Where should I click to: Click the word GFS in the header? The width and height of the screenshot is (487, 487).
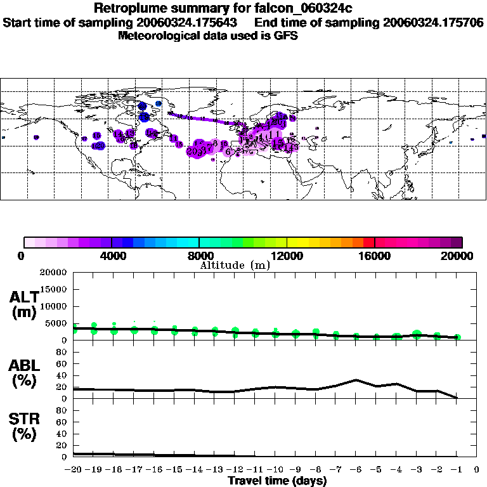coord(286,36)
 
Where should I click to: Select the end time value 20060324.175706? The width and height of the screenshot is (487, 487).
coord(433,22)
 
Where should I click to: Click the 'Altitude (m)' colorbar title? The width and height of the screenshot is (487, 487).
coord(235,265)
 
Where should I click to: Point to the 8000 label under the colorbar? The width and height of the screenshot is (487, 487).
coord(199,256)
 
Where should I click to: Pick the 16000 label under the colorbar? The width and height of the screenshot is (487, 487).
coord(375,256)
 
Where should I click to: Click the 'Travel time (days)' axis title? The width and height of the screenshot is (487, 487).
coord(277,481)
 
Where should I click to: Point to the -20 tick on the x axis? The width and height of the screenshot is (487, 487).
coord(74,470)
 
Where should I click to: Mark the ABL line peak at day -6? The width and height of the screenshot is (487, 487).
coord(356,380)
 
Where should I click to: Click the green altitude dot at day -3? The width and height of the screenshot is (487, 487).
coord(417,334)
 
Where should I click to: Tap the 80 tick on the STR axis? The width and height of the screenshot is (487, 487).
coord(63,410)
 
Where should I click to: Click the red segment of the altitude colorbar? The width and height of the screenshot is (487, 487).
coord(368,242)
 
